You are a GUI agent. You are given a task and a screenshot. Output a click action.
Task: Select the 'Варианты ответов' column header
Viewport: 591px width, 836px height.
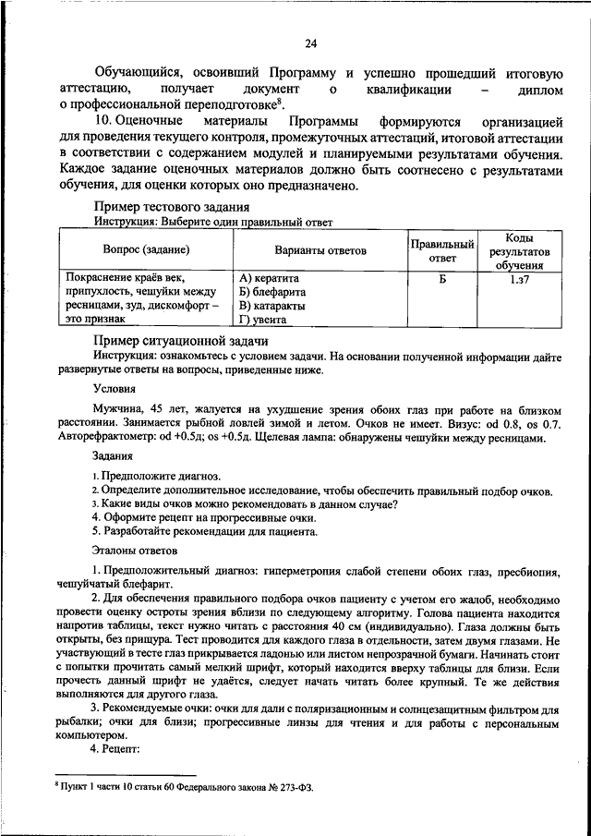(320, 250)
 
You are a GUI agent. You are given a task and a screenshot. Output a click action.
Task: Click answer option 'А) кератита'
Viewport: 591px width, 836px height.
(269, 278)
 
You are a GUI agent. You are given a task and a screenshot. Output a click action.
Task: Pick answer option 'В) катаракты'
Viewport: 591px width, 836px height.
(272, 306)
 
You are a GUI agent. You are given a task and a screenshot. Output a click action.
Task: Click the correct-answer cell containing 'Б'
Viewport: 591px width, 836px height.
(442, 278)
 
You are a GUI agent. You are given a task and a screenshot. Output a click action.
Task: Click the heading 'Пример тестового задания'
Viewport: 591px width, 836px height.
(172, 208)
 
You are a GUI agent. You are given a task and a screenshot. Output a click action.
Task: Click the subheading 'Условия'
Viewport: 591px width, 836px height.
(115, 389)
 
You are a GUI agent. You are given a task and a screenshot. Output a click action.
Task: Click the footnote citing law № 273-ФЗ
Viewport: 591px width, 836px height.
(184, 788)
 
